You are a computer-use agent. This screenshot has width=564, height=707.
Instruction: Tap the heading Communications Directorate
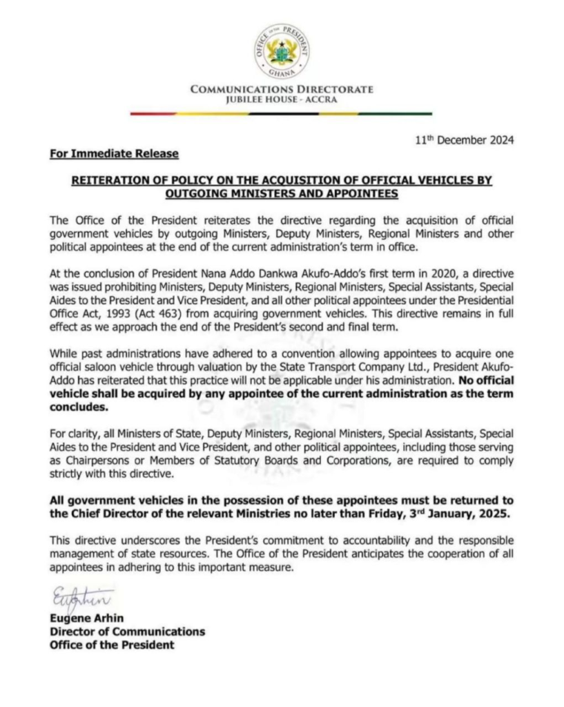(282, 89)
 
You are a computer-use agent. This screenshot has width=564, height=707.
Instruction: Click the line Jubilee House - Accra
(282, 99)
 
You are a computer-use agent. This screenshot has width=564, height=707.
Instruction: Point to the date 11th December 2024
(465, 140)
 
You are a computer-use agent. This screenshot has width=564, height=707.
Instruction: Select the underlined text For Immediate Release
(114, 153)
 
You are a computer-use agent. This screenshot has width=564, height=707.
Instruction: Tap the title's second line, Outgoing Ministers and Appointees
(282, 194)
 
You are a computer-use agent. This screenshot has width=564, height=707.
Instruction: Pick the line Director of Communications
(127, 632)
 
